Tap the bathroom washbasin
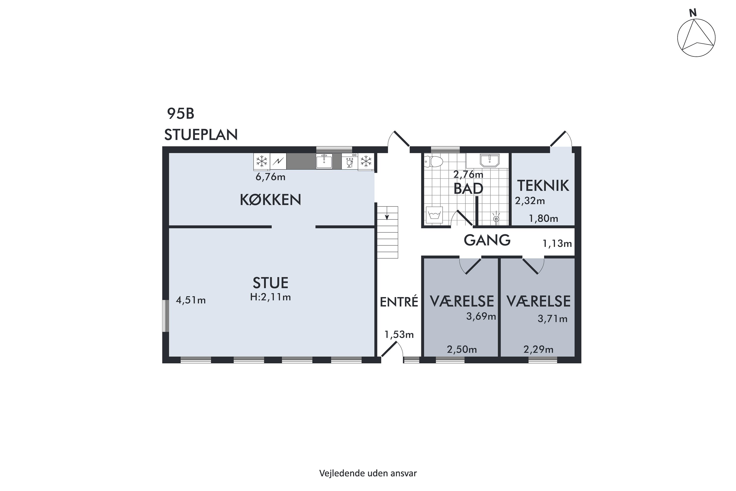pos(490,160)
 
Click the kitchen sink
pos(324,161)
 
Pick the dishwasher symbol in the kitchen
pos(350,162)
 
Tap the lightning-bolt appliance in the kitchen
pos(278,162)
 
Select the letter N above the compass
pos(693,13)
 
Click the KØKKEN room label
pos(270,200)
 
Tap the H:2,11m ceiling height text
pos(270,297)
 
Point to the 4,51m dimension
pos(191,300)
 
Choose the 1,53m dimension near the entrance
pos(399,335)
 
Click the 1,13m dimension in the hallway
pos(557,243)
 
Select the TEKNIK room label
pos(543,186)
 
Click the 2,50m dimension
pos(462,349)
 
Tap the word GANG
pos(487,240)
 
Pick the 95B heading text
pos(181,114)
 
